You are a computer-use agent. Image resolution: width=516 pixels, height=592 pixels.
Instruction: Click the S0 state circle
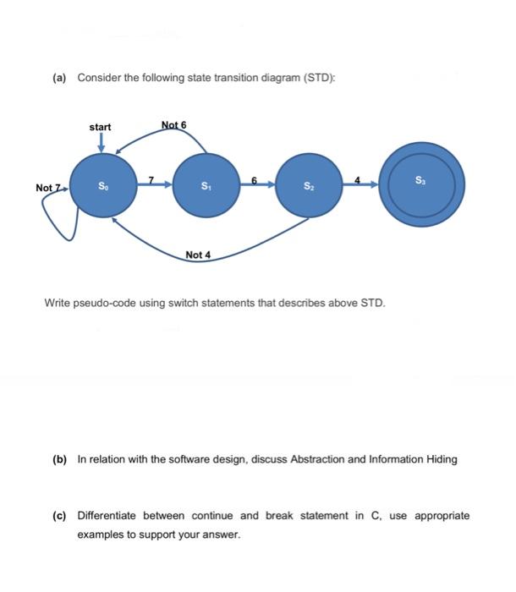click(102, 184)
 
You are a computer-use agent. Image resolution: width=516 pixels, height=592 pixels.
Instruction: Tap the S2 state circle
click(309, 184)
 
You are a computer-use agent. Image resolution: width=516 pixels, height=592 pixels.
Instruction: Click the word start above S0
click(100, 127)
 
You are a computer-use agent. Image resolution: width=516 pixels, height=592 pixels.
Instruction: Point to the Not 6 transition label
click(173, 125)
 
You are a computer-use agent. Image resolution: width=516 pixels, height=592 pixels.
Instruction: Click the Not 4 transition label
click(199, 255)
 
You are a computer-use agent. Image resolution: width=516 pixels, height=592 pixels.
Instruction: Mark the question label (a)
click(60, 78)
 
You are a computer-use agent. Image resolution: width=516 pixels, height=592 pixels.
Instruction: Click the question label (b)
click(60, 459)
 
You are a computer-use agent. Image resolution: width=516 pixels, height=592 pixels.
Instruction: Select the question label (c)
click(60, 515)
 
